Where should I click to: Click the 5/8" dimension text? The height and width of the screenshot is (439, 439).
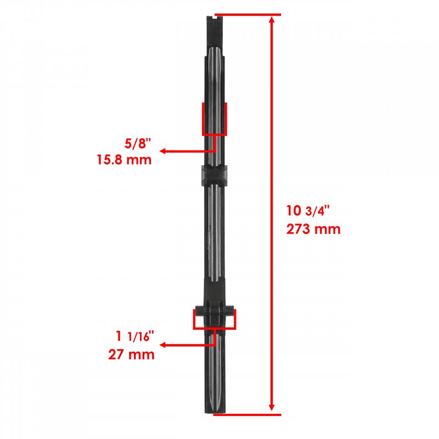click(x=138, y=144)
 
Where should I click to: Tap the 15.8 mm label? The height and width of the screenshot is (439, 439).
click(x=124, y=160)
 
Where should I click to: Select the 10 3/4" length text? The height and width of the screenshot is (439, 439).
click(x=308, y=211)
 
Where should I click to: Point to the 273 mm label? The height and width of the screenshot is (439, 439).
click(x=313, y=229)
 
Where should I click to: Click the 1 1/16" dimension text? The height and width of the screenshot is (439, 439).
click(x=135, y=336)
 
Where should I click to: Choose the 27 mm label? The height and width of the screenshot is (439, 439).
click(x=131, y=354)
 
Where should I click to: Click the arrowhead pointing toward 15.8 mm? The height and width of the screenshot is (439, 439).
click(x=163, y=151)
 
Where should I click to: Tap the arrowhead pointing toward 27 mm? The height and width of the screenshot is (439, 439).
click(x=163, y=345)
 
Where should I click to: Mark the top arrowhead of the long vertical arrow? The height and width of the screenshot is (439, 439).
click(x=271, y=20)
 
